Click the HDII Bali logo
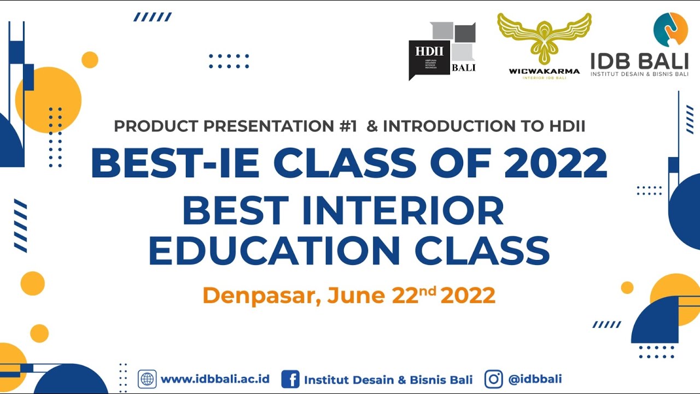point(442,50)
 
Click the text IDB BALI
point(639,61)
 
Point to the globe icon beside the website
point(147,379)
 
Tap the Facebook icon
point(290,379)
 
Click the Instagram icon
point(494,379)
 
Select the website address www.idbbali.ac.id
point(215,379)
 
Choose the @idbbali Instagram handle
point(535,379)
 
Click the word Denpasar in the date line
point(261,296)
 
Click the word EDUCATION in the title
point(273,251)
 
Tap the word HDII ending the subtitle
point(567,126)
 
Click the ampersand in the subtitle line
point(372,126)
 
